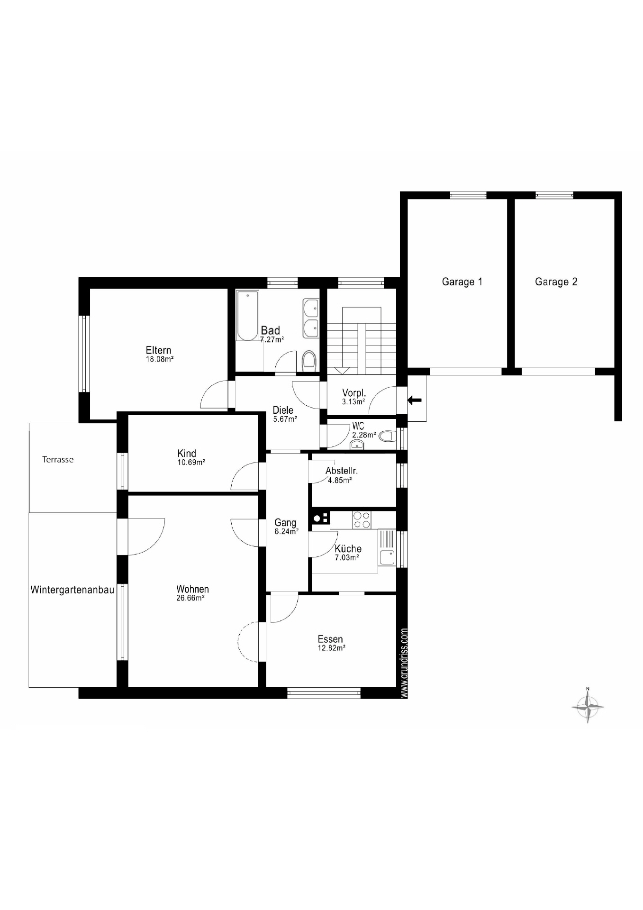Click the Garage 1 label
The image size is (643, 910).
(x=462, y=282)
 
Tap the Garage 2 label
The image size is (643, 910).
(x=556, y=282)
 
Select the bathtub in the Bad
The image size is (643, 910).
(x=248, y=316)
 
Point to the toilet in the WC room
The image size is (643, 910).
(x=387, y=436)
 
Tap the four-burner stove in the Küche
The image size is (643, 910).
(x=362, y=519)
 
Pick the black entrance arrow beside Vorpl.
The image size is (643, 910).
(x=415, y=400)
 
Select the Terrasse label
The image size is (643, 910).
(x=58, y=459)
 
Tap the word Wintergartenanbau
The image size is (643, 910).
(x=72, y=590)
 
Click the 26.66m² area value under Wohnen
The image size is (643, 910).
(x=190, y=598)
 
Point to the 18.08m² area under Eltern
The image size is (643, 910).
(x=159, y=359)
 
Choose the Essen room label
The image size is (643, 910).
(x=330, y=639)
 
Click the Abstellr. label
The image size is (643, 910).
(x=342, y=471)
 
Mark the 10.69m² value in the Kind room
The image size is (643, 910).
(x=191, y=462)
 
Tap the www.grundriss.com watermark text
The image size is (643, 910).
(x=404, y=663)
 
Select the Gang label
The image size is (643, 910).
(x=285, y=523)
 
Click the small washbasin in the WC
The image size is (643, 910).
(x=356, y=445)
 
